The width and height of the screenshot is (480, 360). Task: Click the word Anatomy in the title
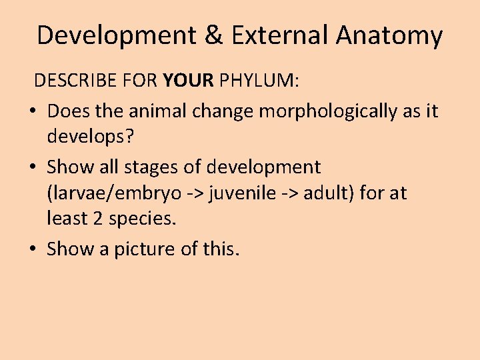(x=389, y=35)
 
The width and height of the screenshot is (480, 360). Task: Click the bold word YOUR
(x=187, y=81)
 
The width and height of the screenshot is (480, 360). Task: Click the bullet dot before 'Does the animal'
(x=33, y=111)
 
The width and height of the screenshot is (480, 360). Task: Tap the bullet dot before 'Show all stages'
(x=33, y=167)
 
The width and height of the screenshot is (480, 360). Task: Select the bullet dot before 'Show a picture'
(x=33, y=250)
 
